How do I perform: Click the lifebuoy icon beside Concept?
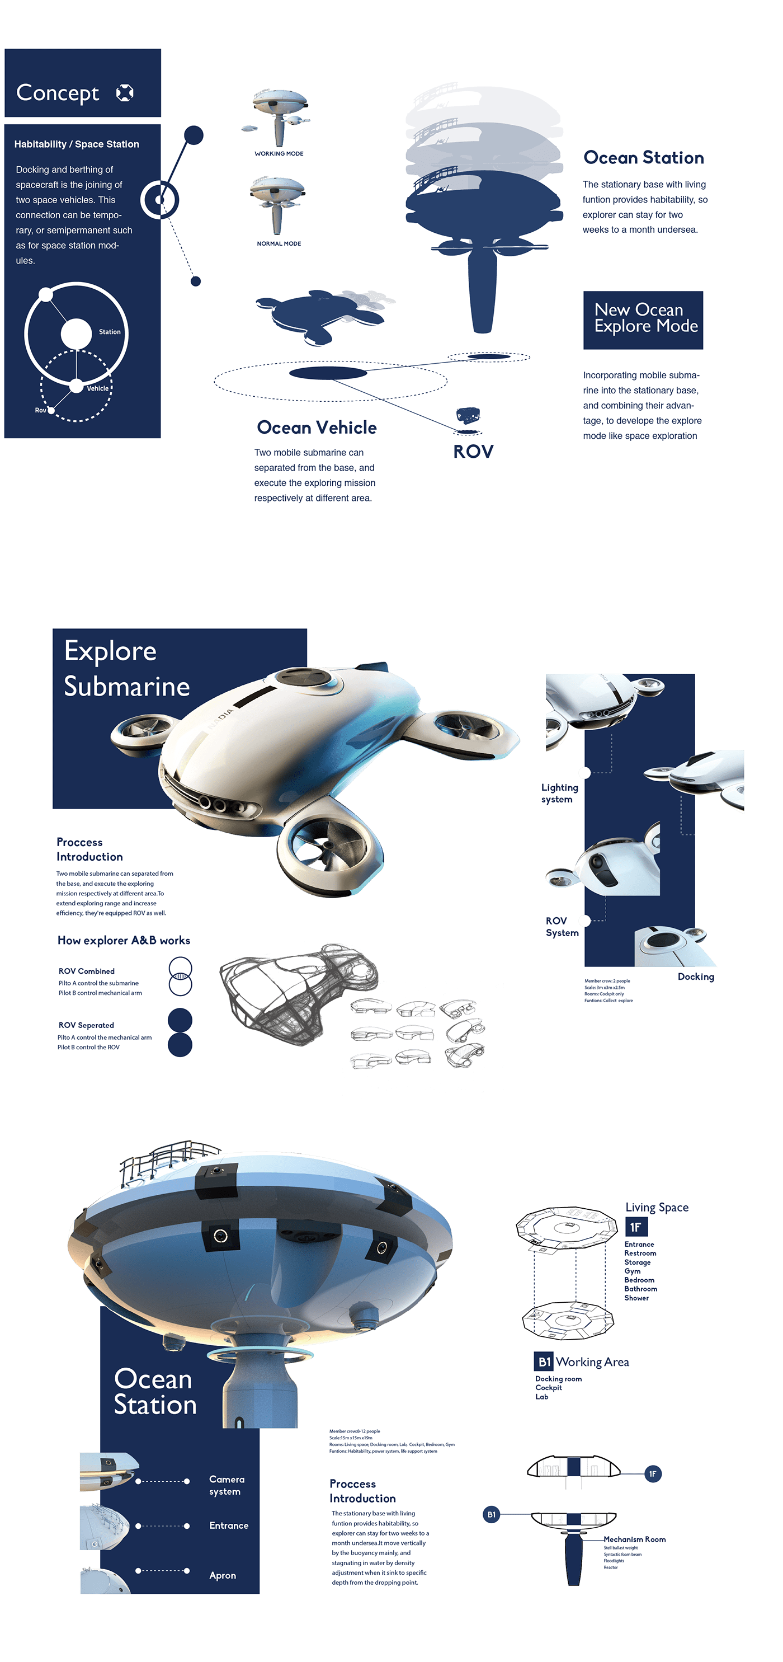pyautogui.click(x=125, y=93)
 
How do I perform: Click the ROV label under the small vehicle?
pyautogui.click(x=473, y=452)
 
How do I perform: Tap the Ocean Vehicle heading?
pyautogui.click(x=316, y=427)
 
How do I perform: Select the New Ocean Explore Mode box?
pyautogui.click(x=643, y=320)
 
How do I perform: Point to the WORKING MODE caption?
pyautogui.click(x=279, y=153)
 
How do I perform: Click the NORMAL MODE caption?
pyautogui.click(x=279, y=243)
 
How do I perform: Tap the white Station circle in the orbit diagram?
pyautogui.click(x=76, y=334)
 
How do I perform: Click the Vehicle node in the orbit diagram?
pyautogui.click(x=77, y=386)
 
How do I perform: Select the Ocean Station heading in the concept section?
pyautogui.click(x=643, y=157)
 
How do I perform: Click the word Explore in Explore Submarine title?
pyautogui.click(x=110, y=651)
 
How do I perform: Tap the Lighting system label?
pyautogui.click(x=559, y=793)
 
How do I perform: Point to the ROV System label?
pyautogui.click(x=562, y=927)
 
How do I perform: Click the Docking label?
pyautogui.click(x=695, y=977)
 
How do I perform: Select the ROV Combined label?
pyautogui.click(x=87, y=971)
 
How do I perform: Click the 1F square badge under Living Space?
pyautogui.click(x=635, y=1227)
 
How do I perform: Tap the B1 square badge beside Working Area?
pyautogui.click(x=544, y=1362)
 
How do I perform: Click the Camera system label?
pyautogui.click(x=227, y=1485)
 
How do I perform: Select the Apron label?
pyautogui.click(x=223, y=1575)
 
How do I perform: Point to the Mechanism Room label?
pyautogui.click(x=634, y=1539)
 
